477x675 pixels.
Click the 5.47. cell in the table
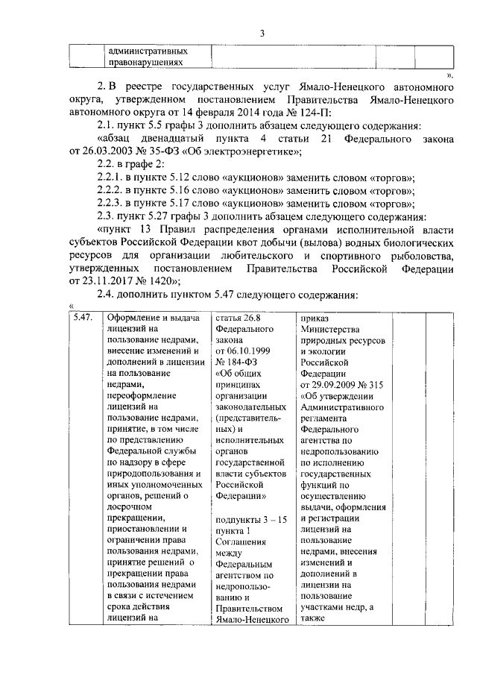(81, 318)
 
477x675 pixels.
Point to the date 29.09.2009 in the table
(332, 386)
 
